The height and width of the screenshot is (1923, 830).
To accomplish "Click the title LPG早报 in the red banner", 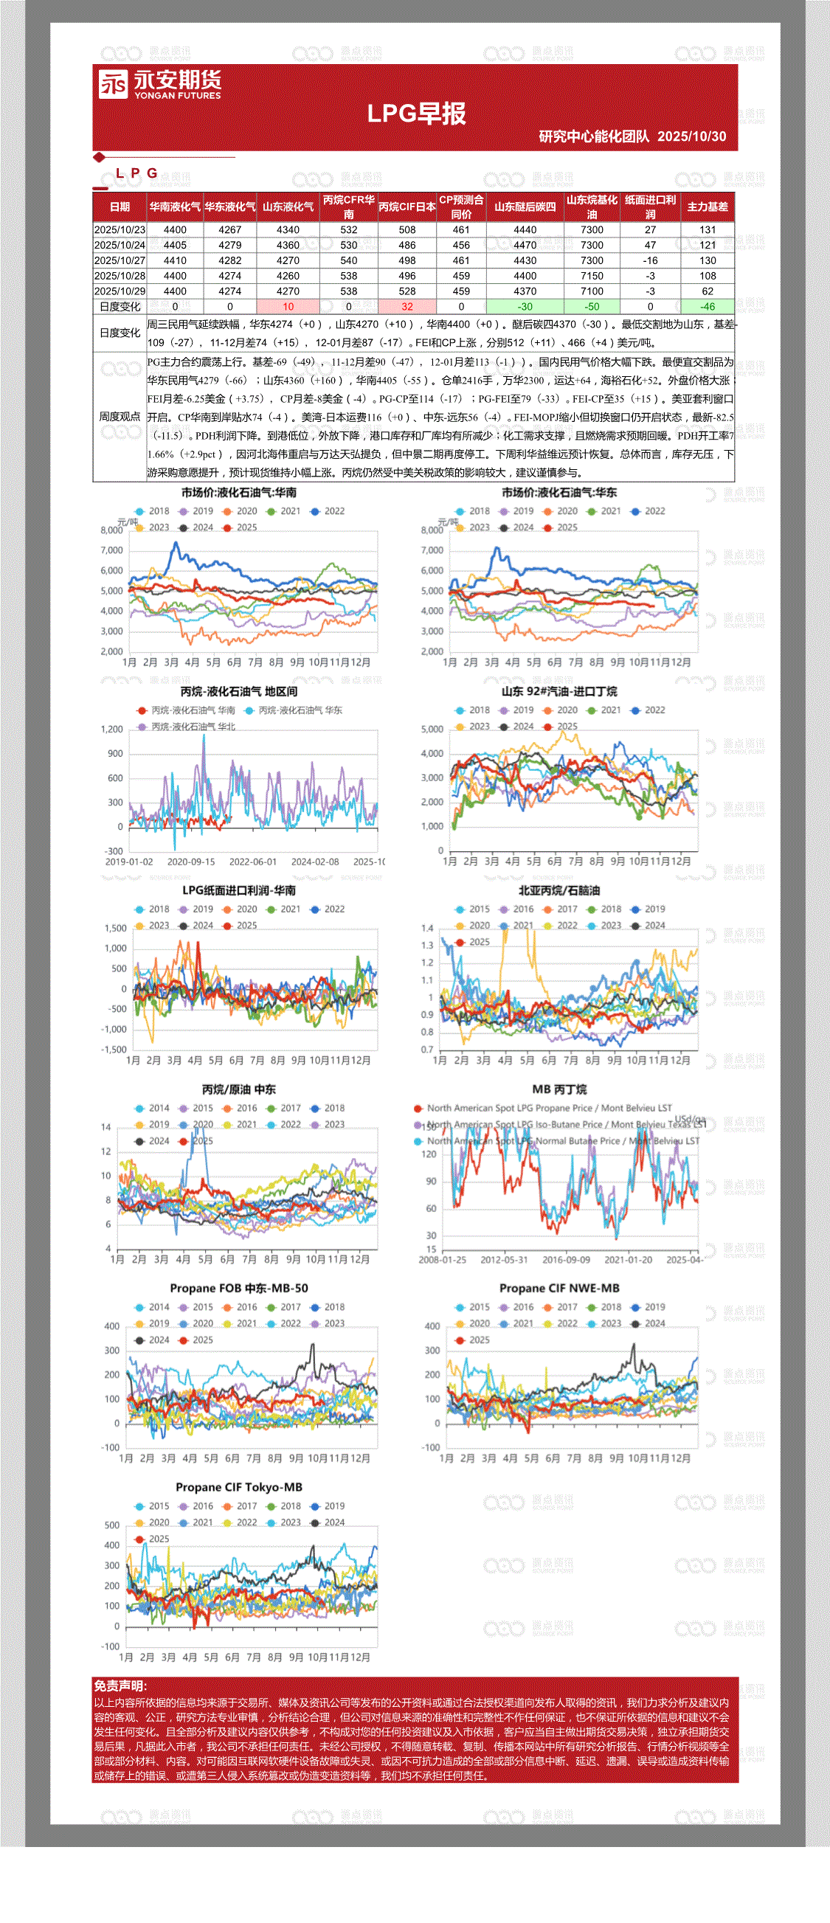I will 416,114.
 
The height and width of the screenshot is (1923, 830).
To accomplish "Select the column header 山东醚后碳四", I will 525,207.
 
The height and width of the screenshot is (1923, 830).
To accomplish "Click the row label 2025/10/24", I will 120,245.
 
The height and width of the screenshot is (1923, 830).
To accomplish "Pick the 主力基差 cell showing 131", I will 707,230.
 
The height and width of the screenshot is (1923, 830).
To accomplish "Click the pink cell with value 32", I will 407,306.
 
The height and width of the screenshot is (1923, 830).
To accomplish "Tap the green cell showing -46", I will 707,306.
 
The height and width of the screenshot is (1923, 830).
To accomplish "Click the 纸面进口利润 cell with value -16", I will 650,260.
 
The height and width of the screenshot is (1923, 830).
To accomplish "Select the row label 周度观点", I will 120,417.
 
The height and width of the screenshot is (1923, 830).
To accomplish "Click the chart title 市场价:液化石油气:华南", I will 239,493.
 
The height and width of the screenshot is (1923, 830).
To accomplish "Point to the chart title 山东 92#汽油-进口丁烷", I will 559,691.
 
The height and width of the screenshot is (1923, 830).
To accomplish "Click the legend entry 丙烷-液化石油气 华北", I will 193,727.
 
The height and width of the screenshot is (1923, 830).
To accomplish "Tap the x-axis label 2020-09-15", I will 191,862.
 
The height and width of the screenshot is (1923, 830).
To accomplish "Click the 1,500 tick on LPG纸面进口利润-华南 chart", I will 116,928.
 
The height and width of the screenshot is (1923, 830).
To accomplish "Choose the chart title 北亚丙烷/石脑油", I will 559,890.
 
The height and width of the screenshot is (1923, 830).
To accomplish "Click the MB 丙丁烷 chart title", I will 559,1089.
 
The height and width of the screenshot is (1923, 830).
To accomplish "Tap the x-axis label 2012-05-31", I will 504,1259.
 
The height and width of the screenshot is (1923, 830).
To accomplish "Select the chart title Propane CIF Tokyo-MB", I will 239,1487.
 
